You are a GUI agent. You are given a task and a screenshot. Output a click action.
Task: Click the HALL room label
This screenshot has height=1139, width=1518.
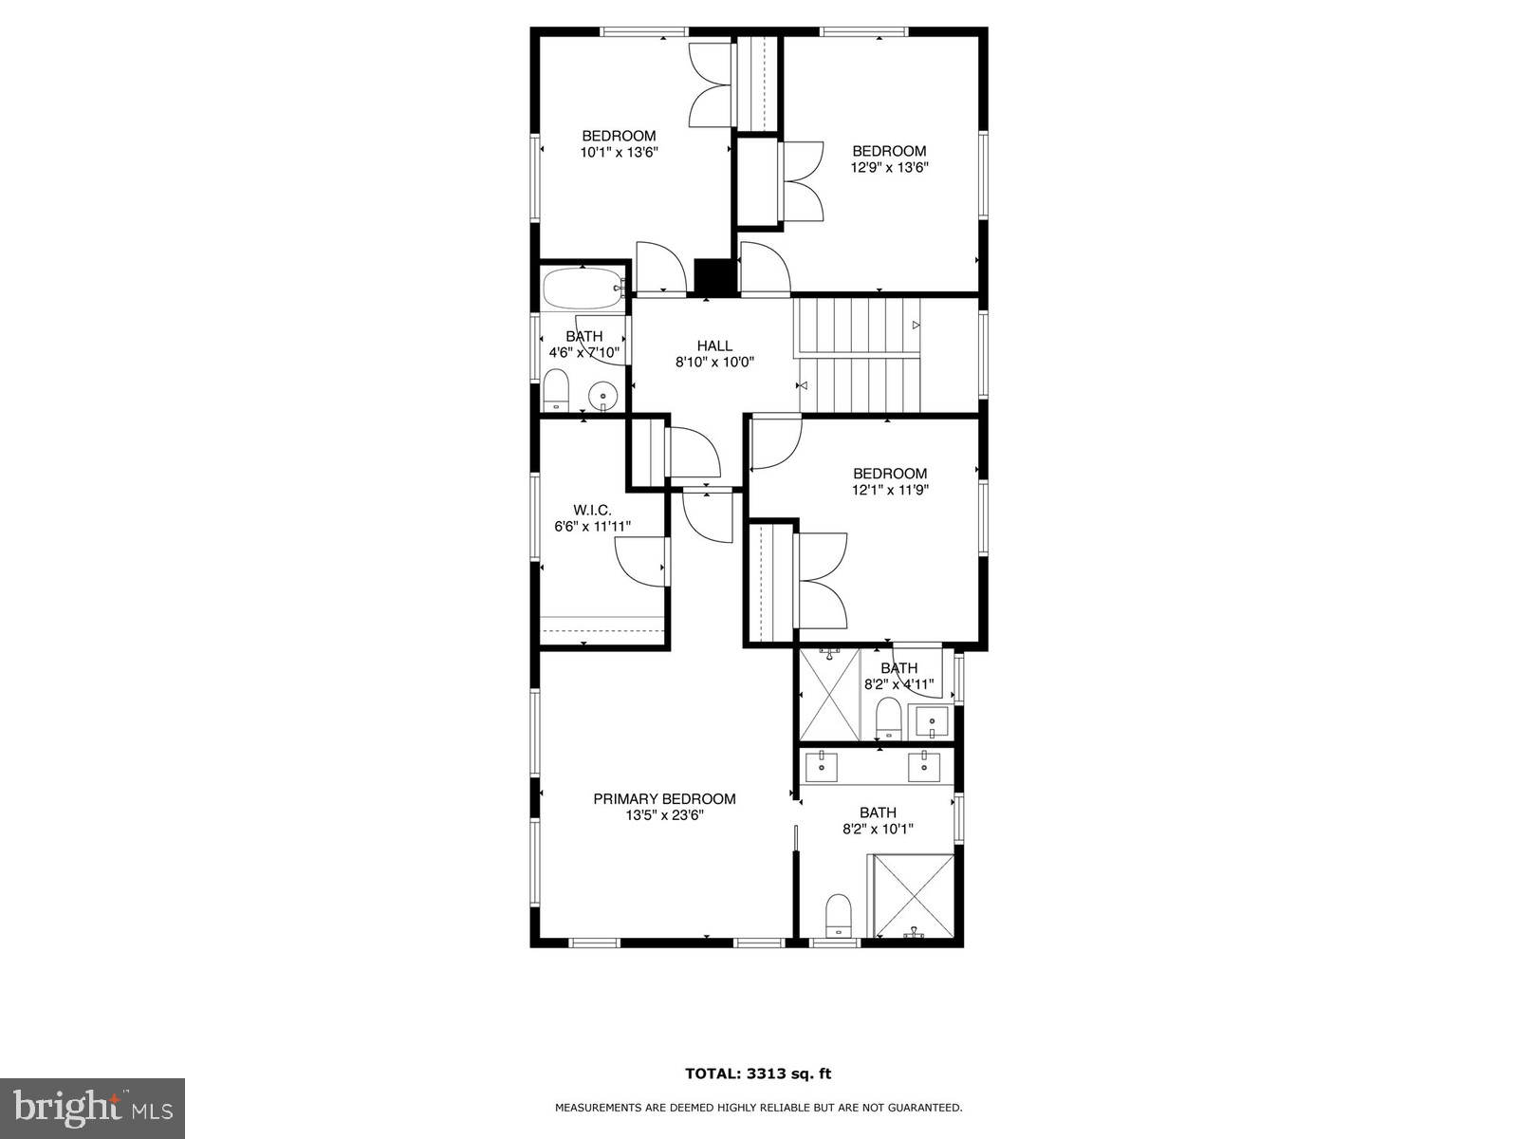pyautogui.click(x=714, y=345)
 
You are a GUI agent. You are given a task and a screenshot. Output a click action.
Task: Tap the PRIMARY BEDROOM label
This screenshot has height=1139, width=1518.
pyautogui.click(x=664, y=799)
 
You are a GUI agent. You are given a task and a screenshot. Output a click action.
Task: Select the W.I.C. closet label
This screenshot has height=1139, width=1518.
pyautogui.click(x=592, y=510)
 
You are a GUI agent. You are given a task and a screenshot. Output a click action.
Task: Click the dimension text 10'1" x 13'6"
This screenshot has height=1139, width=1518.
pyautogui.click(x=619, y=152)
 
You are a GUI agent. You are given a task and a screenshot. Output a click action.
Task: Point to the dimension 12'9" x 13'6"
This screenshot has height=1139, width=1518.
pyautogui.click(x=889, y=167)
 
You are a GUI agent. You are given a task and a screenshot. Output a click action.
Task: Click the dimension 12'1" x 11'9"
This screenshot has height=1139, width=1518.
pyautogui.click(x=889, y=490)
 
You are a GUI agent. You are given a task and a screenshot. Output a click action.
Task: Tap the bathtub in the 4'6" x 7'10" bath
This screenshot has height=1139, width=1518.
pyautogui.click(x=582, y=288)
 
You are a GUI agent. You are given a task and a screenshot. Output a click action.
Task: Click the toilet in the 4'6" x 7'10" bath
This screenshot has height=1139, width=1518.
pyautogui.click(x=556, y=390)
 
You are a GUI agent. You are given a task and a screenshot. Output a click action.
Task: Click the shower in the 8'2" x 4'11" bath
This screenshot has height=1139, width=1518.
pyautogui.click(x=829, y=694)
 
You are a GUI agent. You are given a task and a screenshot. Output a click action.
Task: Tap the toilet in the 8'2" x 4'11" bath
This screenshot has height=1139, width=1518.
pyautogui.click(x=888, y=717)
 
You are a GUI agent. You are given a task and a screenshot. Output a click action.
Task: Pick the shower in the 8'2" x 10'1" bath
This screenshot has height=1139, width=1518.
pyautogui.click(x=913, y=895)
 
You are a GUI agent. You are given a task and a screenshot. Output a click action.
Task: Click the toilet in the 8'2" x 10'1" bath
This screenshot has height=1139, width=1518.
pyautogui.click(x=839, y=915)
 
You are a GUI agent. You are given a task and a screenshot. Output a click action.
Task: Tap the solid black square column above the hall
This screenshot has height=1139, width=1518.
pyautogui.click(x=713, y=276)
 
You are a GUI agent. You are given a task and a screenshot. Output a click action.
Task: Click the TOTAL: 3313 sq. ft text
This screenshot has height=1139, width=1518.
pyautogui.click(x=758, y=1074)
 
